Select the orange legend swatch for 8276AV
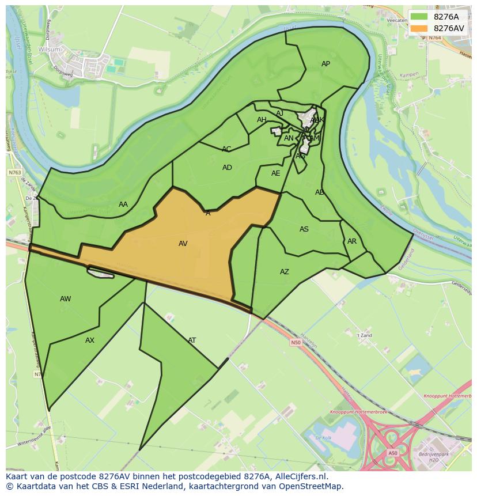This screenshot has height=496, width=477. pos(419,28)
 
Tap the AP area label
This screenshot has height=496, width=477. pos(325,64)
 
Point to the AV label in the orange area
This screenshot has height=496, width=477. pos(183,244)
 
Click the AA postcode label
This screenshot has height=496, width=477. pos(123,205)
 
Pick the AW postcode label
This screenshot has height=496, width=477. pos(66,299)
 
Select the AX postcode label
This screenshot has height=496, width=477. pos(90,340)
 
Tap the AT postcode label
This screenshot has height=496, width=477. pos(192,340)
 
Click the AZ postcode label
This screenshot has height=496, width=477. pos(285,272)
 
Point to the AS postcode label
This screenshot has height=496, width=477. pos(304,229)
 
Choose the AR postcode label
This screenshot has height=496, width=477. pos(352,241)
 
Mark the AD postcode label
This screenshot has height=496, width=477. pos(227,168)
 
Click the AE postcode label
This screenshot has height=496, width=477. pos(276,173)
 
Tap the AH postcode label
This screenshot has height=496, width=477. pos(262,120)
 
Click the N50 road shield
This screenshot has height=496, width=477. pos(296,342)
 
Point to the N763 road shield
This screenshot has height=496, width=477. pos(14,172)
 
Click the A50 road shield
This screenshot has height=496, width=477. pos(392,453)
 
